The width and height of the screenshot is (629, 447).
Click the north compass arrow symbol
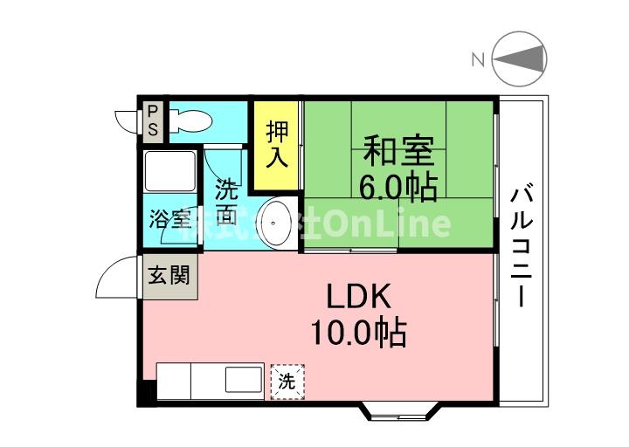521,59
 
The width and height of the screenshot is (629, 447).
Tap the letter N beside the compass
478,59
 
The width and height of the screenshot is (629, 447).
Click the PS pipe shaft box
152,121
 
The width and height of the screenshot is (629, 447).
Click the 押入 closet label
277,145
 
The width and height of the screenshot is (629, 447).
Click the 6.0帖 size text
398,185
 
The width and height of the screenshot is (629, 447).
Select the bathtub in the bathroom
169,171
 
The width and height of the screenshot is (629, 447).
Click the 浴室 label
169,218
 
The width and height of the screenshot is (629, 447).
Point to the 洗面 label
226,202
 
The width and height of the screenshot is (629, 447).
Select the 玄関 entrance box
169,276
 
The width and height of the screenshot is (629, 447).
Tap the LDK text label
357,297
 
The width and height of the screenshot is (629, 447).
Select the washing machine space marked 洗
287,381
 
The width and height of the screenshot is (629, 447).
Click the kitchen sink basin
242,381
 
